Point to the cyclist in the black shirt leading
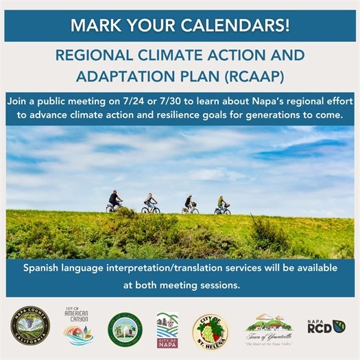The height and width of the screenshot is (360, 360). pos(115,201)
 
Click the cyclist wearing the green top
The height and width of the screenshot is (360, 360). pos(221,204)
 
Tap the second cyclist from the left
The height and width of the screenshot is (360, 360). pos(149,202)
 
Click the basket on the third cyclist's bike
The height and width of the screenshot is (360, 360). pos(194,204)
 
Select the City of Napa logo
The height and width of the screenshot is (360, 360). pos(167,328)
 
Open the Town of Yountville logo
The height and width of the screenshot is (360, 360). pos(269,328)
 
